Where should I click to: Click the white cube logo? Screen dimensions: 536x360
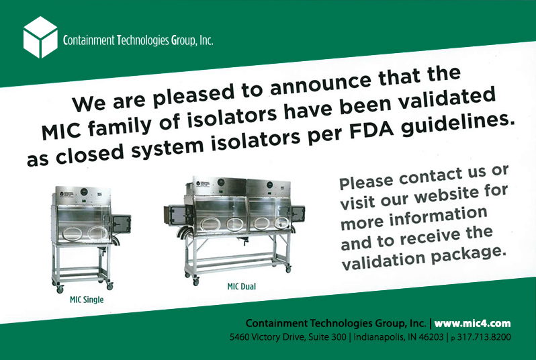(x=40, y=37)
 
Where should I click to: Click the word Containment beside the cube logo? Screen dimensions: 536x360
(x=89, y=41)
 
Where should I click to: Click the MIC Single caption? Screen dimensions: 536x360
(x=87, y=300)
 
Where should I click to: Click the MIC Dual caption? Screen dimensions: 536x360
(x=241, y=287)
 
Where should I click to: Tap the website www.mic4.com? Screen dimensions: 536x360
(x=472, y=324)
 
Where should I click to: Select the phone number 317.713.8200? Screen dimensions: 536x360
(x=484, y=337)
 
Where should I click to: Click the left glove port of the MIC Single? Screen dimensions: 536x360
(x=72, y=234)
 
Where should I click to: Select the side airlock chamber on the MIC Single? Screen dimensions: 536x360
(x=121, y=224)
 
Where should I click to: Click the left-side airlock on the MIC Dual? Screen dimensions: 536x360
(x=175, y=216)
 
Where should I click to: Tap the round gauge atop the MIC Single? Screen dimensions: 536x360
(x=84, y=191)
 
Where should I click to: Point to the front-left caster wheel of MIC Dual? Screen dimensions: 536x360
(x=195, y=281)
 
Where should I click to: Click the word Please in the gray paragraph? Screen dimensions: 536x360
(x=366, y=182)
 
